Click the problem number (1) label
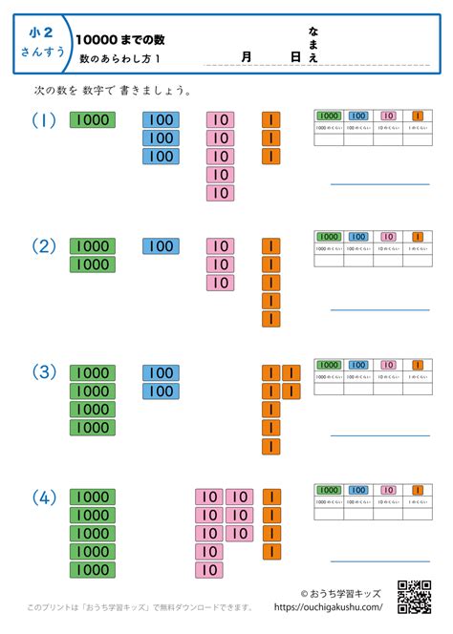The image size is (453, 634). pyautogui.click(x=44, y=120)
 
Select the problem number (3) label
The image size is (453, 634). pyautogui.click(x=44, y=372)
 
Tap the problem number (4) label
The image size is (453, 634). pyautogui.click(x=44, y=497)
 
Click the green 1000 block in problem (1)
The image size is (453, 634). pyautogui.click(x=93, y=120)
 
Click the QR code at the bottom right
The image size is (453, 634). pyautogui.click(x=414, y=596)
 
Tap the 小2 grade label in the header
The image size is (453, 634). pyautogui.click(x=42, y=32)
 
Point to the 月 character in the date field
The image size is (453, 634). pyautogui.click(x=247, y=57)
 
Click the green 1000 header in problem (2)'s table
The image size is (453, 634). pyautogui.click(x=328, y=236)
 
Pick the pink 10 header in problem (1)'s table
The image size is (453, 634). pyautogui.click(x=388, y=116)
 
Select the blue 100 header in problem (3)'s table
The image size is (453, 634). pyautogui.click(x=357, y=365)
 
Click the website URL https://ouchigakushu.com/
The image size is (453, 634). pyautogui.click(x=328, y=606)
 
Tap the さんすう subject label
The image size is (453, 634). pyautogui.click(x=42, y=52)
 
